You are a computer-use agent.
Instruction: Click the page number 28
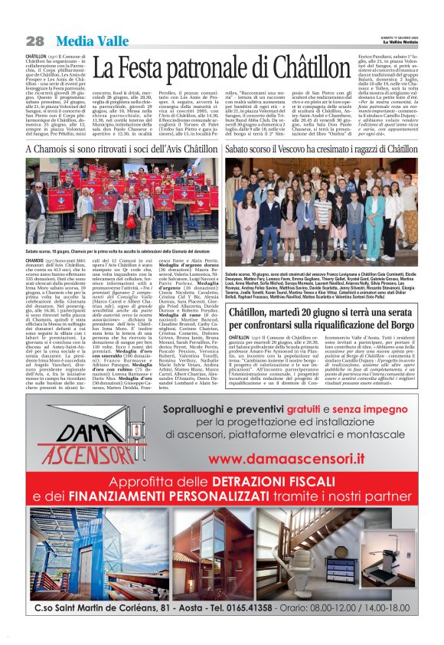34,41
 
